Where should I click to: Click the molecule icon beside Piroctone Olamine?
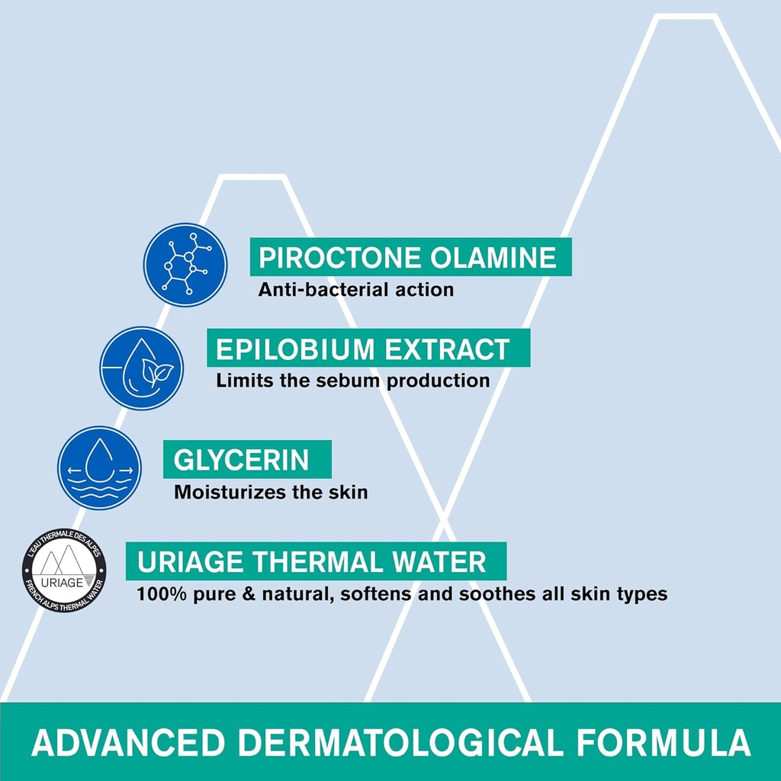tap(185, 265)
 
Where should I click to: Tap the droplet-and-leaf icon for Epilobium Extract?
tap(142, 368)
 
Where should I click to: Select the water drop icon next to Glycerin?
tap(99, 468)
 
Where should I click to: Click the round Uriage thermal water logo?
tap(64, 570)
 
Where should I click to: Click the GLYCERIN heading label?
tap(241, 460)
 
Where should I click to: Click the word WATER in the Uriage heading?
tap(447, 562)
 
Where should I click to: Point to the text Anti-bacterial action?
tap(355, 290)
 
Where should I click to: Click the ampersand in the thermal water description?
tap(249, 593)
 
